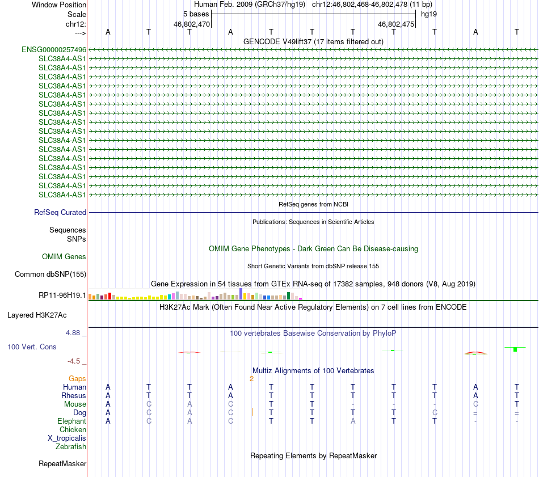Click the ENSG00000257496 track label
[x=54, y=50]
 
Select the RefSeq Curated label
[x=60, y=213]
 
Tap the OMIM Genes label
[x=64, y=257]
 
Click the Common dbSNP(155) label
[x=50, y=275]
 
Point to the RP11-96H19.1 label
[x=62, y=296]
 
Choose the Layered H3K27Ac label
[x=41, y=315]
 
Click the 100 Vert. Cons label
[x=32, y=347]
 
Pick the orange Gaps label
[x=77, y=378]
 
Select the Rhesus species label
[x=74, y=395]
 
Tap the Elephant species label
[x=71, y=421]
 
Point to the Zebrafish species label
[x=71, y=447]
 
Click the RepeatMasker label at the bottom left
[x=62, y=464]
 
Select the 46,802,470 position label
[x=192, y=24]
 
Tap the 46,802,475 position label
[x=396, y=24]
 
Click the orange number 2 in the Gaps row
[x=251, y=378]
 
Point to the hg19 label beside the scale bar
[x=428, y=14]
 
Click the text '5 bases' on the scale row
[x=196, y=14]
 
